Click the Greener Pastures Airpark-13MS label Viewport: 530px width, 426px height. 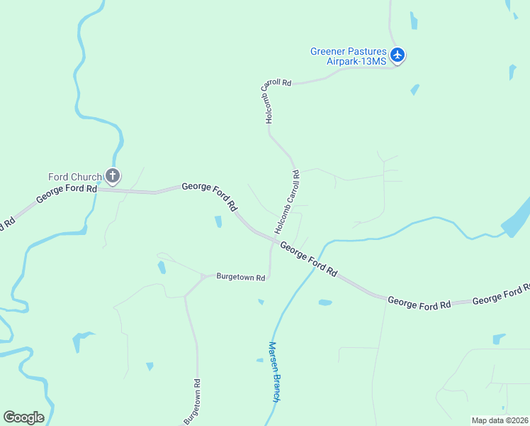point(349,56)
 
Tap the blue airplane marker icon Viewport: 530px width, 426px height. point(397,55)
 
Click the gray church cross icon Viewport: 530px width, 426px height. point(113,175)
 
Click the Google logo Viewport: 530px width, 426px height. point(23,417)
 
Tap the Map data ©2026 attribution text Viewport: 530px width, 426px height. point(500,420)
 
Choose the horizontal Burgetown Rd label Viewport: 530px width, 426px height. point(241,276)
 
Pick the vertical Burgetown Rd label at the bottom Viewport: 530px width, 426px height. point(191,401)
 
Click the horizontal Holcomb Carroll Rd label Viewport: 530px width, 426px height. point(276,83)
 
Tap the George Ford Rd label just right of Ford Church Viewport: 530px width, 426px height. point(210,195)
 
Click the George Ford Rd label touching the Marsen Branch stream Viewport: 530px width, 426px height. point(308,258)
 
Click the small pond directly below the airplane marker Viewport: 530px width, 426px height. point(415,90)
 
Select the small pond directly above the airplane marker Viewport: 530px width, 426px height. point(413,21)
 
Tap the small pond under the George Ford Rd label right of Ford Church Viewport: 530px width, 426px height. point(218,222)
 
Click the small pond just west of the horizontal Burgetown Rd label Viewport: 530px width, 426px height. point(162,268)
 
